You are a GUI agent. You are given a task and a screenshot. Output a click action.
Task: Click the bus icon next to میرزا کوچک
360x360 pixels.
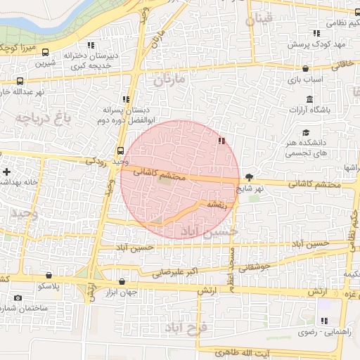tap(46, 52)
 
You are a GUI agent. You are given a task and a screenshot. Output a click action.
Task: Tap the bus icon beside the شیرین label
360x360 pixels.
tap(20, 81)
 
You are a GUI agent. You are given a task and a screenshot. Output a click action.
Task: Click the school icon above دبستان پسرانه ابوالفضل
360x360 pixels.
tap(126, 100)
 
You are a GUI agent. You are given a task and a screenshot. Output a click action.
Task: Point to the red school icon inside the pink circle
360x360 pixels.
tap(222, 141)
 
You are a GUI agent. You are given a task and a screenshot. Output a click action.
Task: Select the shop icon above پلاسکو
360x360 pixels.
tap(49, 276)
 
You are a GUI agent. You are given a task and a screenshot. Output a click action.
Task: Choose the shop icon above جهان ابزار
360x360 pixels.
tap(122, 282)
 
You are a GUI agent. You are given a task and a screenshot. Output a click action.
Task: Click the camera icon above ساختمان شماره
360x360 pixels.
tap(18, 298)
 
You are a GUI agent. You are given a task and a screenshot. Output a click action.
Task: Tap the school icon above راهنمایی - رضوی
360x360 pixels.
tap(324, 321)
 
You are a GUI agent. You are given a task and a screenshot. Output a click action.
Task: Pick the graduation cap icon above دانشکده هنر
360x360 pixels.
tap(305, 133)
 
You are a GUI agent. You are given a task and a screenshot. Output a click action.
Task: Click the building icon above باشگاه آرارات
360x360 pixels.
tap(309, 99)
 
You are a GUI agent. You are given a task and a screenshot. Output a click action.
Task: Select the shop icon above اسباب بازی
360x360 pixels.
tap(305, 69)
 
